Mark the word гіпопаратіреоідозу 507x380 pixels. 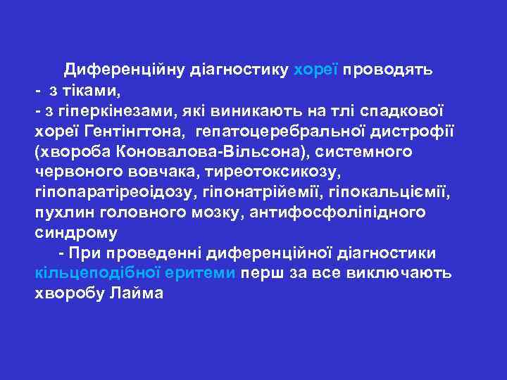pyautogui.click(x=115, y=191)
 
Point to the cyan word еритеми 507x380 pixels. pyautogui.click(x=202, y=273)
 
